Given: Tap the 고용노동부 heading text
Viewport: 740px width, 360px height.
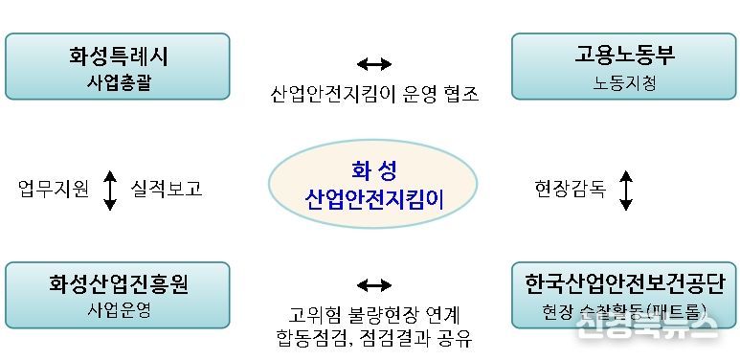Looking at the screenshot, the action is (625, 56).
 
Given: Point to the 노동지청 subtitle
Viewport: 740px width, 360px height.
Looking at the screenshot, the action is (625, 82).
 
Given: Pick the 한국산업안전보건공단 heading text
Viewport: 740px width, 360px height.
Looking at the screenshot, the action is (625, 283).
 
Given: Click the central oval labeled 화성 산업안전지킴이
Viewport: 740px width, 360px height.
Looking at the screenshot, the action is (373, 186).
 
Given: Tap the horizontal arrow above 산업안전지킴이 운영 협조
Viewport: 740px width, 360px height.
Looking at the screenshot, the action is (373, 64).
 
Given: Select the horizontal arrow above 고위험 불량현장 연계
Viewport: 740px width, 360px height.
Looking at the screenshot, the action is (373, 284).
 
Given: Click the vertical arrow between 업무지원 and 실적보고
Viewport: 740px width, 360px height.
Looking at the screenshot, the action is (109, 190).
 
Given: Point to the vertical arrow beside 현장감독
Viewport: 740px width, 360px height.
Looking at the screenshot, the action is (626, 190).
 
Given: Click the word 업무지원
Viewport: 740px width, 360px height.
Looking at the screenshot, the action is (54, 189).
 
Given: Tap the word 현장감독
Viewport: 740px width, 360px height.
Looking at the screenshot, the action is (571, 189).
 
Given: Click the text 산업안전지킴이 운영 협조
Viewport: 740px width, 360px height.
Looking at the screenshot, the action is (373, 94).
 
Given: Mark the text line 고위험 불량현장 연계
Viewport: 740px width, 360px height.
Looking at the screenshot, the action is (373, 314).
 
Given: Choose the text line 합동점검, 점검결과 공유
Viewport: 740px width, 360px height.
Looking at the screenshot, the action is (373, 338).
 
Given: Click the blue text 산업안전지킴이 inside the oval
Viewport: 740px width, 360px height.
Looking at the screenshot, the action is (373, 200).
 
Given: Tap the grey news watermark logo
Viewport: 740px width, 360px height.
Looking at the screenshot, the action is (645, 328).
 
